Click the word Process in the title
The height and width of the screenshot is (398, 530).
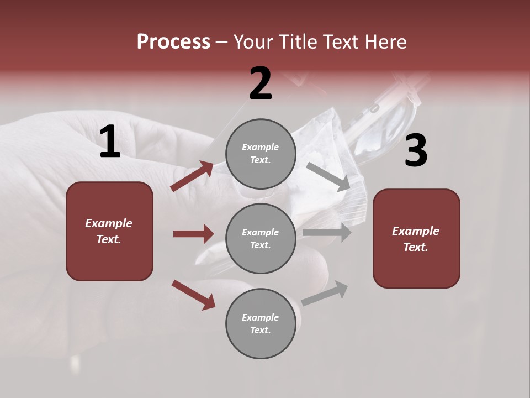[173, 42]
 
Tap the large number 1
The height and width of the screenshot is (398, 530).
[110, 143]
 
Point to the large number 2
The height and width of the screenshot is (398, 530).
[261, 84]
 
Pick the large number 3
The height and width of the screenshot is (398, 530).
[416, 151]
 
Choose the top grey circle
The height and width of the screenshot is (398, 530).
[261, 154]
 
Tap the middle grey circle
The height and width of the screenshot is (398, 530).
[261, 239]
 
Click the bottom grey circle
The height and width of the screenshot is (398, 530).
[261, 324]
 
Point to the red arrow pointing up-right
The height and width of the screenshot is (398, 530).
[193, 176]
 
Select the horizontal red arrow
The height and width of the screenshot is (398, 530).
[193, 234]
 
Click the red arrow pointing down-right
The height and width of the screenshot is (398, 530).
[193, 295]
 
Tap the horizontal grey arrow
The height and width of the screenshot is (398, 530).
[327, 233]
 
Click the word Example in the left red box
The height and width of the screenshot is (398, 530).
[109, 223]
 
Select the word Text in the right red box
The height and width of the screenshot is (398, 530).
[415, 247]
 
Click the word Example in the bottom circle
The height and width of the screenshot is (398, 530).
[261, 317]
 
